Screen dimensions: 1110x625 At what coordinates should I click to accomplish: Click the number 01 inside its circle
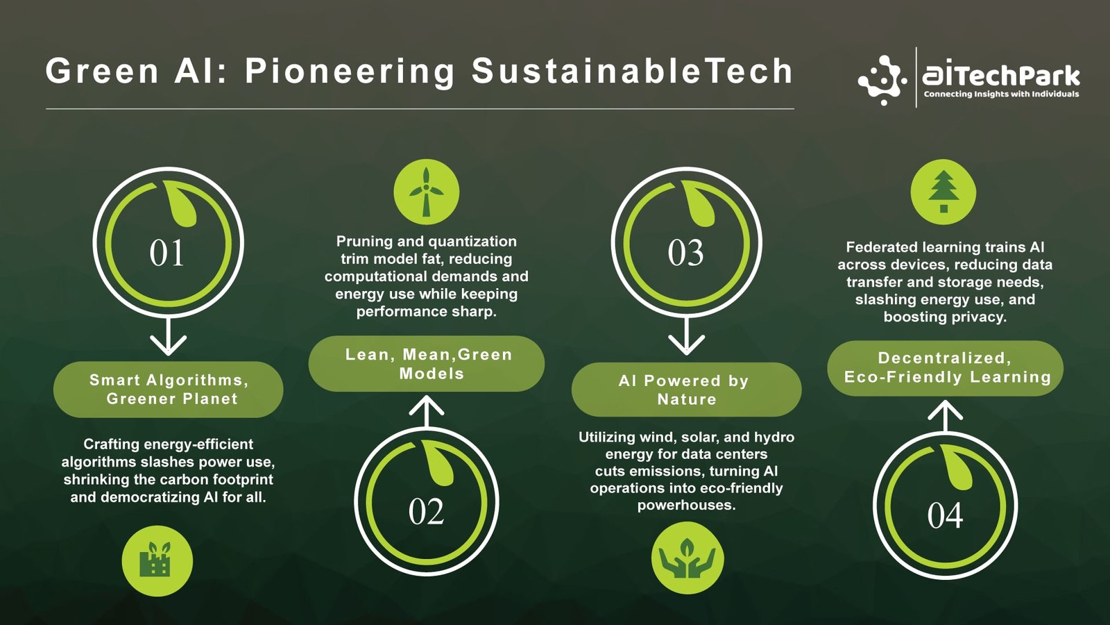(x=166, y=253)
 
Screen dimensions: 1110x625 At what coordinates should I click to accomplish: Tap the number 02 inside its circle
(x=426, y=511)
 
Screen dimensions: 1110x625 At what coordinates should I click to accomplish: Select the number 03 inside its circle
(x=685, y=253)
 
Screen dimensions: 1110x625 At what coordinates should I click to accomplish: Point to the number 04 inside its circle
(x=945, y=515)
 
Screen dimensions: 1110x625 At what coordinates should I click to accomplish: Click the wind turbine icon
(x=426, y=192)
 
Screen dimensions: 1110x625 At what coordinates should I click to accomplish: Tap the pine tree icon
(x=943, y=192)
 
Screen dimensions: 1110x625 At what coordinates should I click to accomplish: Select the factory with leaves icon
(x=157, y=561)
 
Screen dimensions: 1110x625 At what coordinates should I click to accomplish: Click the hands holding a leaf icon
(x=688, y=558)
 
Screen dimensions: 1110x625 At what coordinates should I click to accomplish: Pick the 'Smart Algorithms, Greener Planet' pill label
(x=169, y=390)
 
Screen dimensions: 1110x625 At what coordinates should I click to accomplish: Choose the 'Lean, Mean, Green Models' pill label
(x=427, y=364)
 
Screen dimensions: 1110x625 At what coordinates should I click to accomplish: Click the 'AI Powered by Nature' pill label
(x=686, y=390)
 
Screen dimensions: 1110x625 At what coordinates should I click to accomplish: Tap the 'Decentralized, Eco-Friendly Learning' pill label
(x=946, y=368)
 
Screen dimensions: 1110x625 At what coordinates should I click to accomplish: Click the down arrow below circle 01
(x=169, y=336)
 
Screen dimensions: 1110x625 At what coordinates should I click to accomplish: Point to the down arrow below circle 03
(x=686, y=336)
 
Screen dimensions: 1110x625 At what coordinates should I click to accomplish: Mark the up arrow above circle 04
(x=946, y=416)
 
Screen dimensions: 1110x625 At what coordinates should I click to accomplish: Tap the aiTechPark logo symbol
(x=882, y=80)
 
